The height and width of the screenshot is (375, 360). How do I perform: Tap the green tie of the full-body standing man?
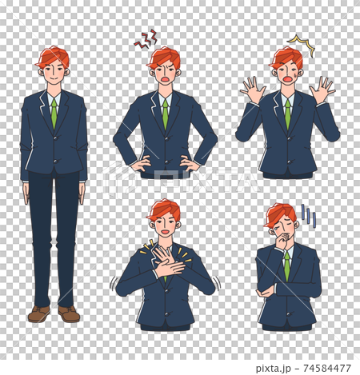pos(54,113)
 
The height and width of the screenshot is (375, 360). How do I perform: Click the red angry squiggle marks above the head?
pos(146,39)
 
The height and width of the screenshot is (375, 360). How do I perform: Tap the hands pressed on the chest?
pos(166,264)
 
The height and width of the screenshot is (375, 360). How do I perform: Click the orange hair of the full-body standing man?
pos(53,55)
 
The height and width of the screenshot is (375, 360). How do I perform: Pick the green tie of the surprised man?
pos(287,114)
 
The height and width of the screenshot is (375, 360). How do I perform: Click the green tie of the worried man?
pos(286,265)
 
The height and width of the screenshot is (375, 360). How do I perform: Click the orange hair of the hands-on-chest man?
pos(164,209)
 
